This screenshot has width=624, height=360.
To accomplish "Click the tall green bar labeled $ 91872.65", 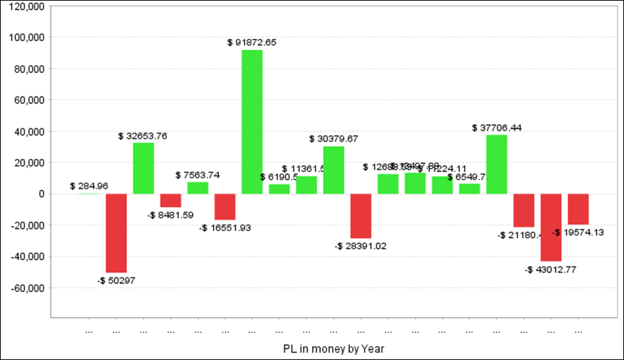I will [252, 122].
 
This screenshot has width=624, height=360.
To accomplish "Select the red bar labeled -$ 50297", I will [116, 233].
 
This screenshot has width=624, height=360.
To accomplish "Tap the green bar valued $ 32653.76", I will [144, 169].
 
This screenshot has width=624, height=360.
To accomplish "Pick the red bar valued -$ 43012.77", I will [551, 228].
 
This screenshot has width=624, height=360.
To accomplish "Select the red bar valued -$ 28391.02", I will [361, 216].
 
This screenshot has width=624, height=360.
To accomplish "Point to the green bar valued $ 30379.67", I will [333, 170].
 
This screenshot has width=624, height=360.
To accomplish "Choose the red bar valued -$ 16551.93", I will [225, 207].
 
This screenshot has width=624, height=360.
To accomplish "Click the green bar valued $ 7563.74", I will [198, 188].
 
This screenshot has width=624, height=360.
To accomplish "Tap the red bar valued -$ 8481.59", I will [171, 200].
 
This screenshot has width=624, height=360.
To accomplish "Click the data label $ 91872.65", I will [252, 42].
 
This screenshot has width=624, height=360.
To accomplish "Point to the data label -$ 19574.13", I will [578, 232].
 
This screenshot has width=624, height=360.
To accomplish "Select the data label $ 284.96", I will [89, 186].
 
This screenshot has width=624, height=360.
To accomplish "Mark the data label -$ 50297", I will [116, 280].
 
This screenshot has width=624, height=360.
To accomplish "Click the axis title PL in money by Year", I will [333, 348].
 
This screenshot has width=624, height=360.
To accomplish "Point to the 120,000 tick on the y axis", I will [26, 6].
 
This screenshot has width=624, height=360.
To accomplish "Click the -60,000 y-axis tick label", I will [26, 288].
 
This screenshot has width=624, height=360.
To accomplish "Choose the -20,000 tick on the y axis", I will [26, 225].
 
